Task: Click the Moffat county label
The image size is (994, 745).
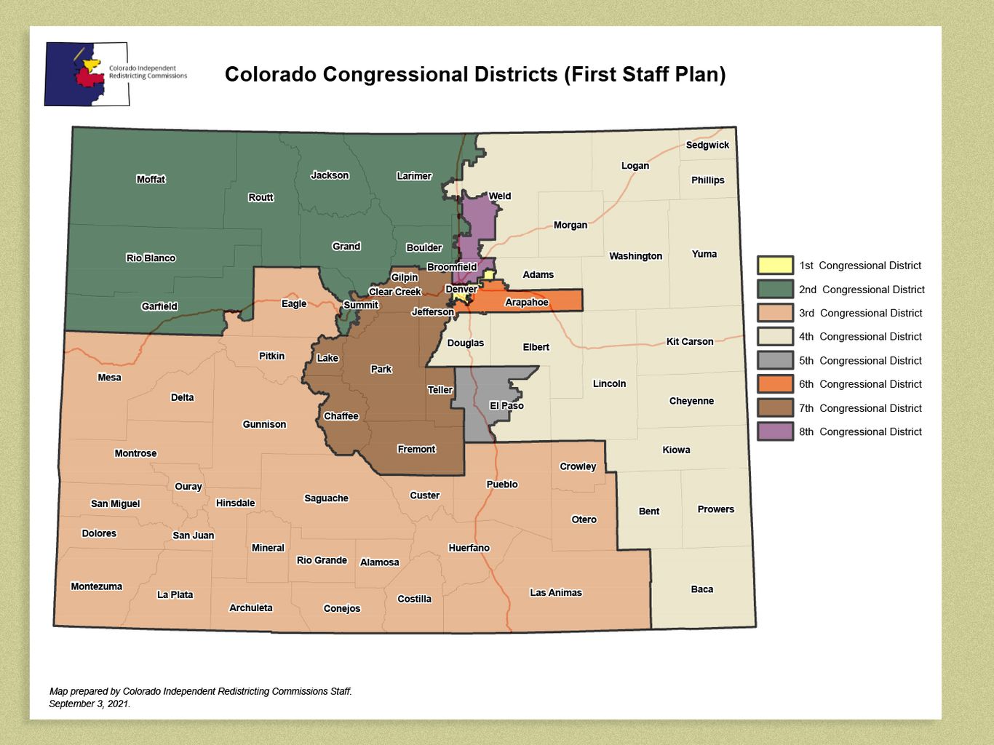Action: tap(151, 179)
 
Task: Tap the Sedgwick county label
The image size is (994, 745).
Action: tap(707, 145)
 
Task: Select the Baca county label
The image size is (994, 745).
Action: tap(701, 589)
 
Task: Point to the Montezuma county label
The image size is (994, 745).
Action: tap(96, 586)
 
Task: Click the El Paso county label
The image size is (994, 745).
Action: tap(506, 405)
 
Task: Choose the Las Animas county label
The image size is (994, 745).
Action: tap(555, 592)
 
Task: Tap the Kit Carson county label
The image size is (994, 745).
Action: tap(689, 341)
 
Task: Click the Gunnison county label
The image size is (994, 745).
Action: tap(264, 424)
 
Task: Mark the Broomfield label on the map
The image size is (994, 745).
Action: tap(452, 267)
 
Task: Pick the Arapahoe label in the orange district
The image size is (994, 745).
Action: tap(526, 302)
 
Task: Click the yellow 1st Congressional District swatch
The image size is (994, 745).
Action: tap(775, 266)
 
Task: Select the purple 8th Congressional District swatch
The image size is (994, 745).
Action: tap(775, 431)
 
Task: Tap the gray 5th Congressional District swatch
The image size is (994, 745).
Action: tap(775, 360)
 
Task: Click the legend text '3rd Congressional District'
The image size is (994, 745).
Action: tap(860, 313)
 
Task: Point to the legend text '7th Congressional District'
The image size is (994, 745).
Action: tap(860, 408)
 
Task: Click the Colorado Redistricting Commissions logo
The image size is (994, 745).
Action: tap(87, 73)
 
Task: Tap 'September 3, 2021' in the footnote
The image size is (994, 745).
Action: tap(90, 704)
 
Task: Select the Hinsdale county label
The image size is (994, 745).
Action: tap(235, 503)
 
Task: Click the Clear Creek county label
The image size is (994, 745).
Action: tap(394, 292)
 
